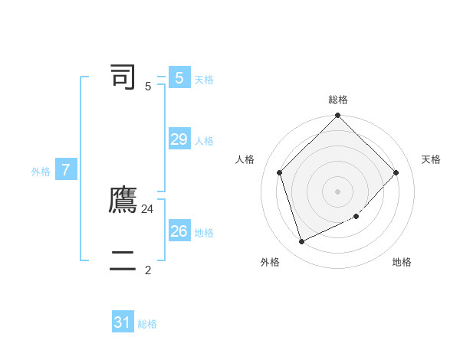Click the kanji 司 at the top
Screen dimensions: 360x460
click(123, 77)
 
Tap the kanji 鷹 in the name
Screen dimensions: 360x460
click(123, 200)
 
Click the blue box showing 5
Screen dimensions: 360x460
click(179, 78)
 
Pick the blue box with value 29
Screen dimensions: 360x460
click(179, 139)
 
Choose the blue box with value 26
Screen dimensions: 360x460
click(179, 231)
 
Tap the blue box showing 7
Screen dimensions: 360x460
click(66, 170)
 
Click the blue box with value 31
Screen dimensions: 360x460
click(123, 322)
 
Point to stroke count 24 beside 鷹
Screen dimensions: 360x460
click(148, 208)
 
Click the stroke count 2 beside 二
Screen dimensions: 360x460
click(148, 270)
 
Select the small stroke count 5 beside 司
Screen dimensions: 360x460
click(148, 87)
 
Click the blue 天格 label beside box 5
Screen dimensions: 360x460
click(204, 80)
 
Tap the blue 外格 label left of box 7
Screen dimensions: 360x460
click(41, 172)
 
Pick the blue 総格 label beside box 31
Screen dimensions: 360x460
click(147, 324)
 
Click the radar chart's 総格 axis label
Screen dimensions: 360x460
click(338, 100)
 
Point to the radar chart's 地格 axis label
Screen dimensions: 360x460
click(402, 262)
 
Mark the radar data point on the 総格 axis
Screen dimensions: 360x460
click(338, 116)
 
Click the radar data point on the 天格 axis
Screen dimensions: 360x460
click(396, 172)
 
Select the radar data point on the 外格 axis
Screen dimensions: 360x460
click(302, 241)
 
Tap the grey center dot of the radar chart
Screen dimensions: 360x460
click(338, 191)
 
